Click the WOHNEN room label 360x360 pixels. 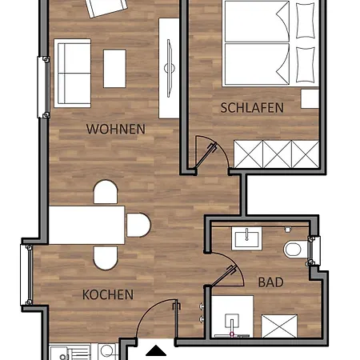click(x=116, y=129)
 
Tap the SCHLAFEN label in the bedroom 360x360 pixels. click(x=252, y=108)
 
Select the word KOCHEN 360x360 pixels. click(x=108, y=294)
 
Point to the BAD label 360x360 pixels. click(x=270, y=282)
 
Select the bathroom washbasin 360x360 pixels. click(x=246, y=238)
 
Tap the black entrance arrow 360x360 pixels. click(x=156, y=350)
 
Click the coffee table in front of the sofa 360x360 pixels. click(x=114, y=69)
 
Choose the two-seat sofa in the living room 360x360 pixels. click(x=72, y=74)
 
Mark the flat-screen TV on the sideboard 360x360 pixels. click(x=169, y=68)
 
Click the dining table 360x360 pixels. click(x=86, y=225)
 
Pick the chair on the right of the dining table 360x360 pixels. click(x=138, y=225)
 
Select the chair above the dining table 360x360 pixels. click(x=106, y=192)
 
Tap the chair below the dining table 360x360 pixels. click(x=106, y=258)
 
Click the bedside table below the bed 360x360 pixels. click(x=310, y=98)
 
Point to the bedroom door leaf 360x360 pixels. click(x=206, y=156)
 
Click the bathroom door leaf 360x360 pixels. click(x=223, y=276)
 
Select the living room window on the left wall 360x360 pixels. click(x=43, y=87)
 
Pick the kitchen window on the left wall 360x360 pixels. click(x=26, y=275)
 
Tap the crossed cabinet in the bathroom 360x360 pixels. click(x=279, y=326)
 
